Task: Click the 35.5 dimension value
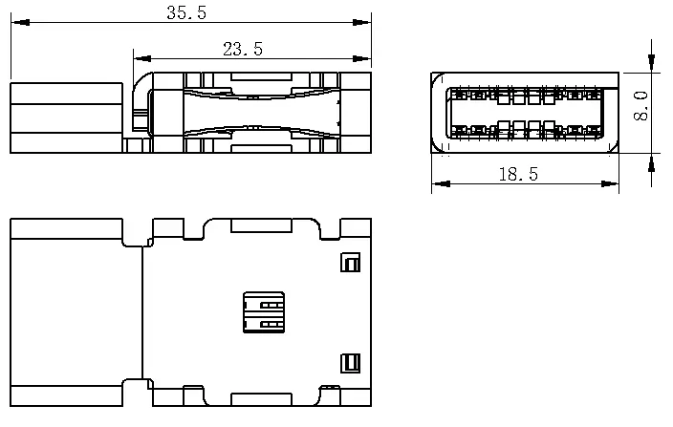point(186,12)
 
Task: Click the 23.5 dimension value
point(243,49)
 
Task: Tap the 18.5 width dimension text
point(518,174)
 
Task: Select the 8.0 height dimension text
point(640,106)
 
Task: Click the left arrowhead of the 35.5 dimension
point(20,22)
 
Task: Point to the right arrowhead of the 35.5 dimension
point(361,22)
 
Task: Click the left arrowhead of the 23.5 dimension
point(142,58)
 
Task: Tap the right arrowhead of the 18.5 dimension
point(610,184)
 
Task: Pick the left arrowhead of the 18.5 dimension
point(442,184)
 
